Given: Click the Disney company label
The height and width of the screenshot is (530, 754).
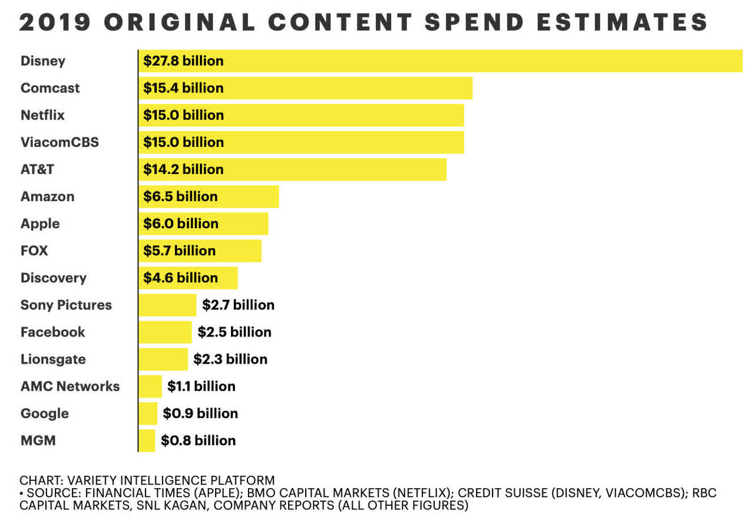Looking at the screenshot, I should pyautogui.click(x=42, y=61).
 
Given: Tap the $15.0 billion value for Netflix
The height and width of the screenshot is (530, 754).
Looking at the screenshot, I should pyautogui.click(x=183, y=115).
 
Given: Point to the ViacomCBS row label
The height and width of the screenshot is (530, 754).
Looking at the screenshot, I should pyautogui.click(x=59, y=142).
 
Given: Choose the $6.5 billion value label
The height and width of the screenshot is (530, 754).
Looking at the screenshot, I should pyautogui.click(x=180, y=196).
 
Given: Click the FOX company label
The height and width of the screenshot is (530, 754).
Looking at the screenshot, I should pyautogui.click(x=34, y=251).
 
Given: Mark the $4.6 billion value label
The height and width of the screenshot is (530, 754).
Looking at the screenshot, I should pyautogui.click(x=180, y=278).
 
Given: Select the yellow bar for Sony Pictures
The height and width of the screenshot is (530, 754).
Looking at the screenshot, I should pyautogui.click(x=167, y=305).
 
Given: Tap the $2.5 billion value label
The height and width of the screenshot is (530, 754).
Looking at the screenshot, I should pyautogui.click(x=234, y=332).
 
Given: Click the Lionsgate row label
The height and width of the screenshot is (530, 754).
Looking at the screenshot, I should pyautogui.click(x=53, y=359).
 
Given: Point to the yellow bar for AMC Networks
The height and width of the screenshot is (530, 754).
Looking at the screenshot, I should pyautogui.click(x=150, y=386).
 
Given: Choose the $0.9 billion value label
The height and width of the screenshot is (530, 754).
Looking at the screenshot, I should pyautogui.click(x=200, y=414).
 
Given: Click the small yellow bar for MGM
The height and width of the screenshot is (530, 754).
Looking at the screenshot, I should pyautogui.click(x=147, y=441).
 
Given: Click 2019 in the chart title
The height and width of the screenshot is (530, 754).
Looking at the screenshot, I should pyautogui.click(x=56, y=22).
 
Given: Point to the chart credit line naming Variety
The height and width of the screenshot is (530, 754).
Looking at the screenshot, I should pyautogui.click(x=147, y=480).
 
